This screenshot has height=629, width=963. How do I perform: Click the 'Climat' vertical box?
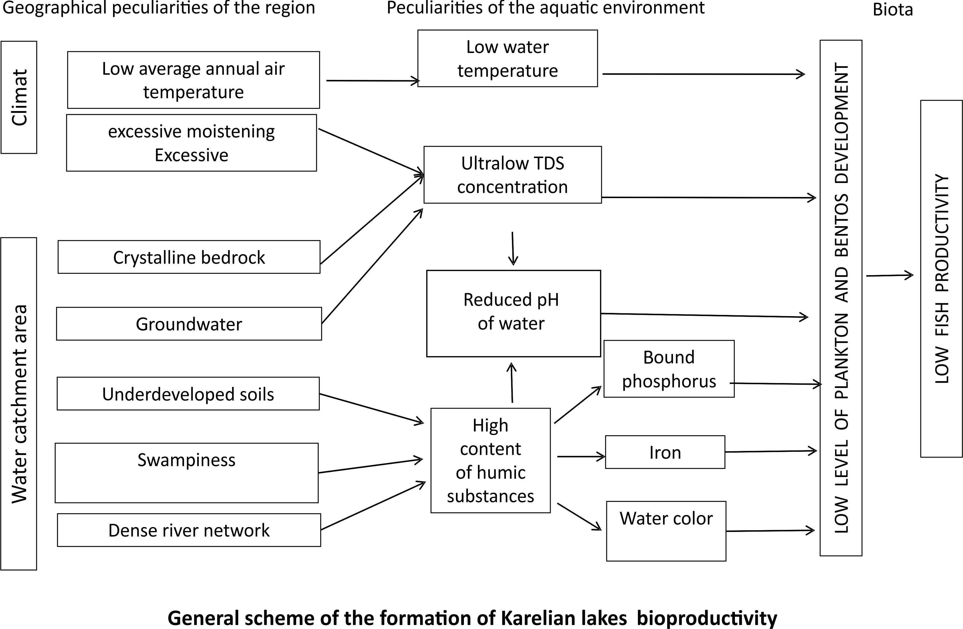click(x=19, y=97)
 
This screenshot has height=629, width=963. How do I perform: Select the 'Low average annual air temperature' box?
click(x=193, y=80)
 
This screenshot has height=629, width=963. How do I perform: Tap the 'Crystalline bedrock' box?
click(x=189, y=257)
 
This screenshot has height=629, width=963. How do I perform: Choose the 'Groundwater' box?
click(x=189, y=324)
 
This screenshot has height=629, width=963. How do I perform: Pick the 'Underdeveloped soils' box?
click(x=188, y=394)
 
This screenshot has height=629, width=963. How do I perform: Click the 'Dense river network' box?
click(x=189, y=530)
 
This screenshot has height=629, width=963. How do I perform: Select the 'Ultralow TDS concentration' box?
click(x=513, y=175)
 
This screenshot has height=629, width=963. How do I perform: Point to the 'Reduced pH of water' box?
click(x=513, y=313)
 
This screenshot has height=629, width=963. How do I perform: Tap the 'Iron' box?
click(x=665, y=452)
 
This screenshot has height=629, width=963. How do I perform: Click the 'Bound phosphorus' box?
click(x=669, y=369)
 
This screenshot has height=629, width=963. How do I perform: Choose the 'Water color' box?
click(x=666, y=531)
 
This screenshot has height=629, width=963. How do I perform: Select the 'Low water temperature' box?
click(x=507, y=58)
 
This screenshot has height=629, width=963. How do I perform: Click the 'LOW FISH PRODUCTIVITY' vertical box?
click(x=941, y=279)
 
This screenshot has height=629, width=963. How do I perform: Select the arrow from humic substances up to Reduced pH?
click(x=512, y=382)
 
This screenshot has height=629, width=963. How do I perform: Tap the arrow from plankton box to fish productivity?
click(x=889, y=276)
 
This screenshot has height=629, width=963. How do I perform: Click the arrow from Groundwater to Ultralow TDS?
click(x=372, y=266)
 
